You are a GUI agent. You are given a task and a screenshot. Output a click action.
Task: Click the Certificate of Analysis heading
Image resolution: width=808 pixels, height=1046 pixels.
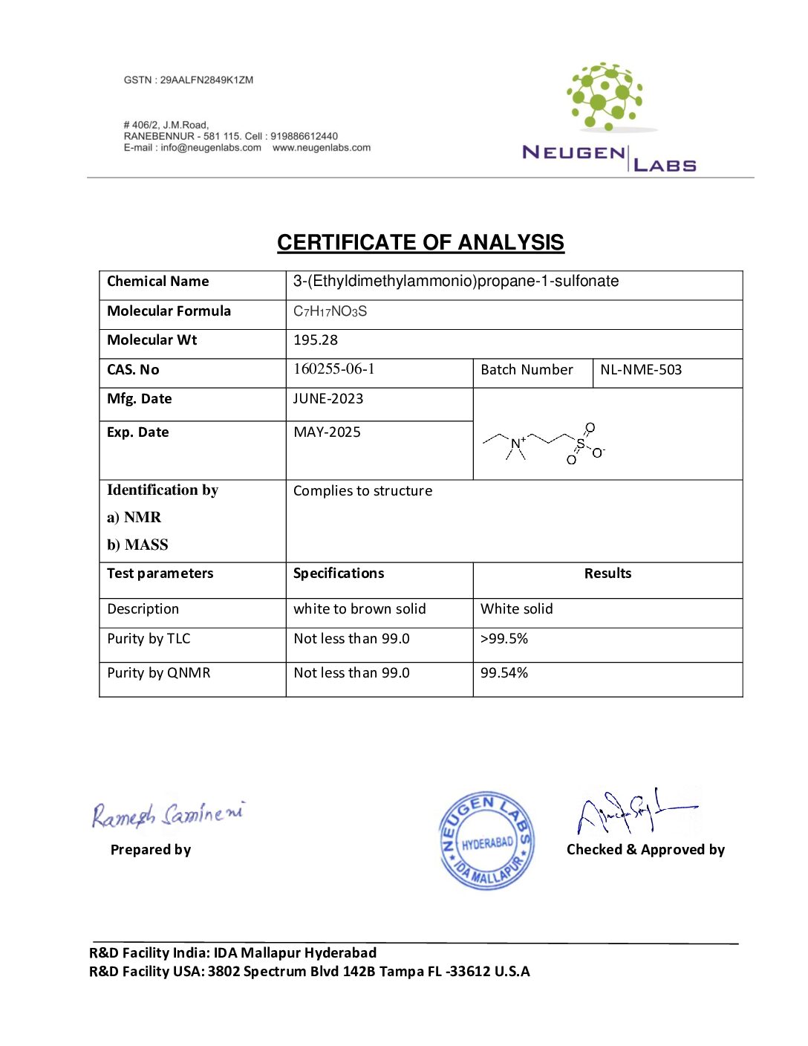coord(420,243)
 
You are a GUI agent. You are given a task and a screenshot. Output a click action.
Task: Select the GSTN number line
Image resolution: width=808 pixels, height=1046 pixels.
coord(189,80)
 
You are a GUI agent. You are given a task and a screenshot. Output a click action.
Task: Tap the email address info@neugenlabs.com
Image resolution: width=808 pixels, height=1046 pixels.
coord(211,148)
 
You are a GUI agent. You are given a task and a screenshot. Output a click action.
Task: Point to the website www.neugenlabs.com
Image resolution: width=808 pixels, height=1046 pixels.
coord(322,148)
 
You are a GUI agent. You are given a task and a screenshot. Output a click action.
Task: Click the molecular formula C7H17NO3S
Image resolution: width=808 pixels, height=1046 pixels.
coord(330,311)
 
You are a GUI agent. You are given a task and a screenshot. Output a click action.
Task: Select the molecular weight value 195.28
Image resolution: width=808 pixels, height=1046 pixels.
coord(316,340)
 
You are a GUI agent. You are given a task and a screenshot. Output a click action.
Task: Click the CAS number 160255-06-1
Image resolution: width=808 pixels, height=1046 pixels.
coord(334,369)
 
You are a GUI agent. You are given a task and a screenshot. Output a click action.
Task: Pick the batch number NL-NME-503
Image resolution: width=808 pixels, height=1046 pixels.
coord(641,370)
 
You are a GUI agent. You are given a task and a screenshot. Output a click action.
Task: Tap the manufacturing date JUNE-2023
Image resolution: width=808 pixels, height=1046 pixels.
coord(328,399)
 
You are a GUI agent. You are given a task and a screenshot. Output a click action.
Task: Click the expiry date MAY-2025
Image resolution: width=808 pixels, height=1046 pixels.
coord(328,432)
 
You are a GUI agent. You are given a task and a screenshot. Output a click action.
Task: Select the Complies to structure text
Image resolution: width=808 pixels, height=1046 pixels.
coord(362,491)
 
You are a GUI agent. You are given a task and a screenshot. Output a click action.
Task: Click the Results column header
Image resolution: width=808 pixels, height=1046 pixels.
coord(607,574)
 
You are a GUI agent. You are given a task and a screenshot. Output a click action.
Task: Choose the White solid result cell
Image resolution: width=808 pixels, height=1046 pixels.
coord(517,609)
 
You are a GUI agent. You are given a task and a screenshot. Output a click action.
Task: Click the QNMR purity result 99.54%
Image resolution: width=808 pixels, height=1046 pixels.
coord(504,673)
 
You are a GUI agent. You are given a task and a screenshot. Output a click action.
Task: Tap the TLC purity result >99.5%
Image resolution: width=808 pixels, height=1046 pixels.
coord(504,639)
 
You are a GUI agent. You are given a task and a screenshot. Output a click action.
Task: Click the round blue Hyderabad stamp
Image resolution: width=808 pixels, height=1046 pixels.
coord(486,840)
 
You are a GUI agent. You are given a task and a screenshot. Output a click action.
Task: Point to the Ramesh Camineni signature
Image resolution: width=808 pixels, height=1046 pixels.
coord(168,814)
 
